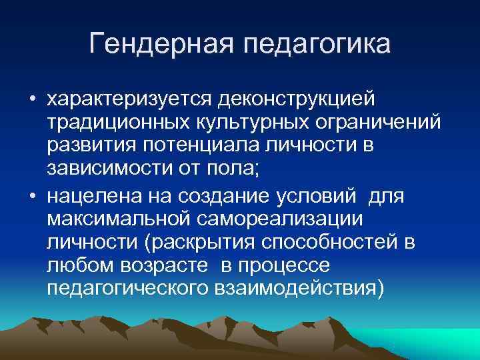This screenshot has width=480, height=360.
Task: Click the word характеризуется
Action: [127, 99]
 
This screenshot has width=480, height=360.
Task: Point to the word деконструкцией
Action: [295, 99]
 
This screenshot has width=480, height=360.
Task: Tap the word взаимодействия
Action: [296, 292]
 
